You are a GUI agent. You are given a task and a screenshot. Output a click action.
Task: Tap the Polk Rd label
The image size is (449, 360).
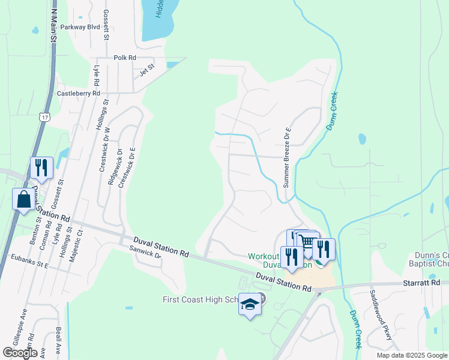click(x=125, y=58)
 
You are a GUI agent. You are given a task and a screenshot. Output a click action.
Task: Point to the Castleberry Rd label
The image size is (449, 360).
click(x=78, y=94)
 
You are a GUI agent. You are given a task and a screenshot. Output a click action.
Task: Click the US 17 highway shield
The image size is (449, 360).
click(x=45, y=117)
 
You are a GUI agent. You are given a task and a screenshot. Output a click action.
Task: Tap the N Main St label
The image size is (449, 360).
click(x=53, y=24)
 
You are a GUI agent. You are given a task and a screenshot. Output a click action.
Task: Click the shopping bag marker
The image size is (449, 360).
click(x=23, y=199)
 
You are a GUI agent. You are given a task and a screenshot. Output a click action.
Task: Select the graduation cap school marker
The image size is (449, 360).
click(x=250, y=304)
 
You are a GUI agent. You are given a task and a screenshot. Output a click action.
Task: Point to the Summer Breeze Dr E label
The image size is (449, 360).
click(x=288, y=157)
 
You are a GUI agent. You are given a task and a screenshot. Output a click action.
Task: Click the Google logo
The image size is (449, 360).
click(x=20, y=353)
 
